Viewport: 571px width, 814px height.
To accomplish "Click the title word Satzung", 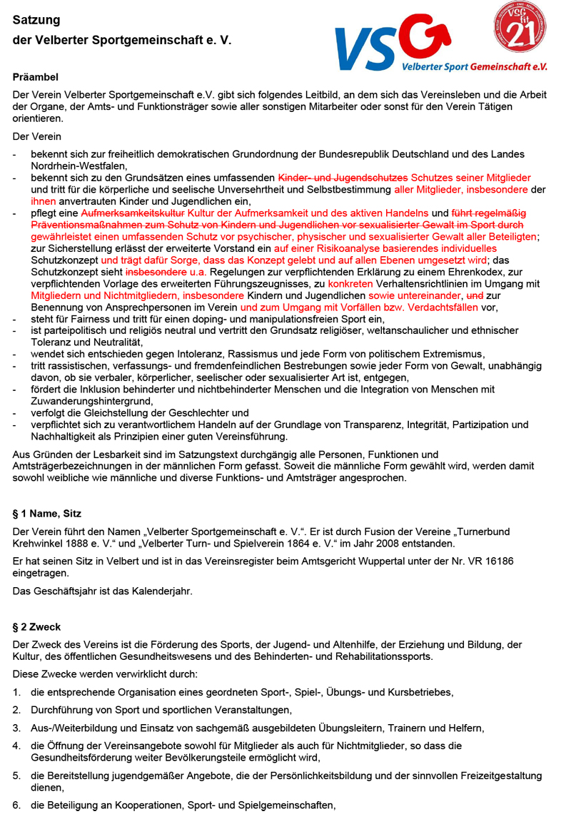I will coord(36,21).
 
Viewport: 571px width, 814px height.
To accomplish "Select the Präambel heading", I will coord(36,76).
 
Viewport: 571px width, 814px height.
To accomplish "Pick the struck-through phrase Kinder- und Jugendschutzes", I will coord(343,178).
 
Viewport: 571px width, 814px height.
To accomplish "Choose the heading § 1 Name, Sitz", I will coord(47,514).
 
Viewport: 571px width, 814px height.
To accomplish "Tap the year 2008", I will coord(373,543).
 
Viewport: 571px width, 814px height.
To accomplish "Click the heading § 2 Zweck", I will coord(37,627).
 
